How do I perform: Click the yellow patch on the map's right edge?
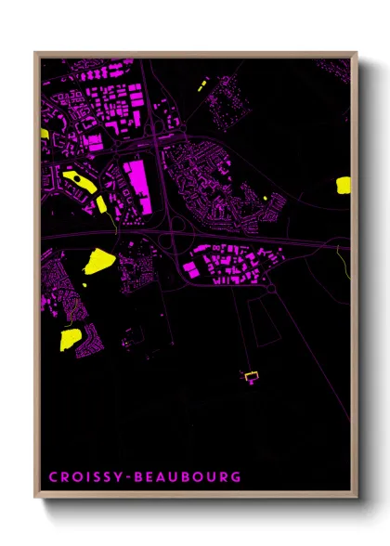(344, 183)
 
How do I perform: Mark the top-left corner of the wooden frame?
(36, 54)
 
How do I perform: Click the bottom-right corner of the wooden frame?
(355, 498)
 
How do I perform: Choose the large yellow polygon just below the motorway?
(97, 260)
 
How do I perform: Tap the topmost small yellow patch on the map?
(201, 85)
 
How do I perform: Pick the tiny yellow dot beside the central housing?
(266, 197)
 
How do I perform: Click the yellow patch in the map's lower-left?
(69, 339)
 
